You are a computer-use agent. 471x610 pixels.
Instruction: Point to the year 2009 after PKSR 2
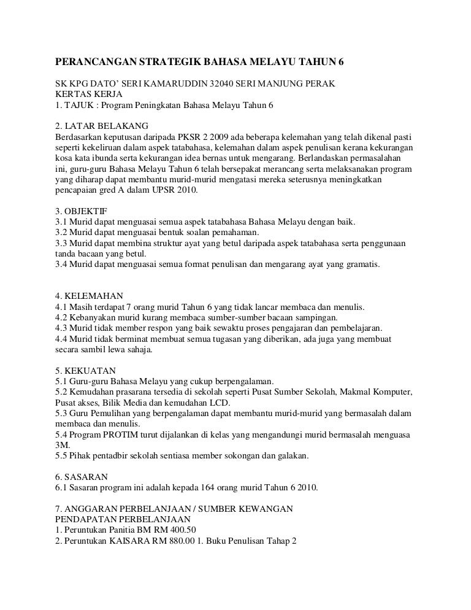[x=217, y=134]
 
